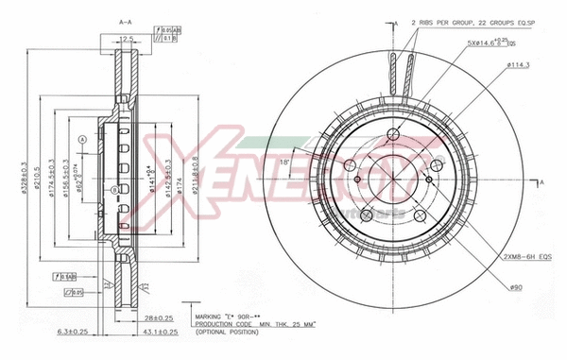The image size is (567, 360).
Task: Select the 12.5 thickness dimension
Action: [124, 40]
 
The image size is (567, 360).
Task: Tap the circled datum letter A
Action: [83, 140]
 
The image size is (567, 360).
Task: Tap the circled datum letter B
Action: [114, 190]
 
